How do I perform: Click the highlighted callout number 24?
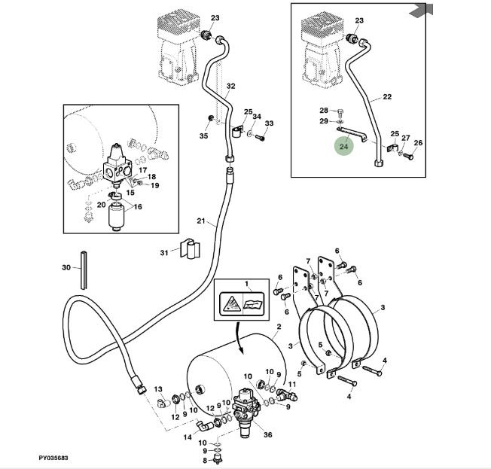343,147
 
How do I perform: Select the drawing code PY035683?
54,458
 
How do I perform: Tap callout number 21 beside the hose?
201,221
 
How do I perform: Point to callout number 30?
66,267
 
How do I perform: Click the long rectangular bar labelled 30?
83,267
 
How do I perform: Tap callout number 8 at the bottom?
204,460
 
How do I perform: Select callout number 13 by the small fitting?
158,389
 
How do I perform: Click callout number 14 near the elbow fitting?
188,437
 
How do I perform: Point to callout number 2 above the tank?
278,326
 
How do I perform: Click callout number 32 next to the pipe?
230,86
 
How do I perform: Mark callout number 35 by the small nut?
203,136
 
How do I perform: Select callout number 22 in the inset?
387,97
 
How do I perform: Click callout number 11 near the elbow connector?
293,385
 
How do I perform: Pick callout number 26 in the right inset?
419,142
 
